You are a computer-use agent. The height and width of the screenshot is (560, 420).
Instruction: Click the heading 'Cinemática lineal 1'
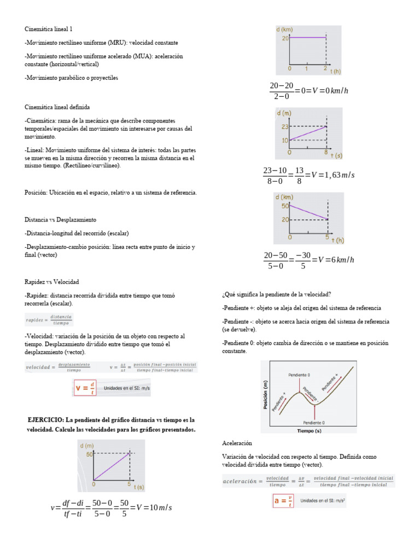pos(49,28)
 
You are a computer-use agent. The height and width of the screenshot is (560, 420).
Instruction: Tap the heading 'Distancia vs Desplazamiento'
pos(60,219)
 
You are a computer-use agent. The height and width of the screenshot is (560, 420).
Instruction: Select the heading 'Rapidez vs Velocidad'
pos(52,282)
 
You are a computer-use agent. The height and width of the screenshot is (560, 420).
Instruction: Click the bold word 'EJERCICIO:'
pos(45,419)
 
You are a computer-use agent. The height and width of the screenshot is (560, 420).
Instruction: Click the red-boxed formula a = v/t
pos(283,500)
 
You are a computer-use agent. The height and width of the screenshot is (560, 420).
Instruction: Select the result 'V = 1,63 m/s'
pos(332,175)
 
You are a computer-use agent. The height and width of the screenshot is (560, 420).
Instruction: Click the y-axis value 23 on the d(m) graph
pos(284,126)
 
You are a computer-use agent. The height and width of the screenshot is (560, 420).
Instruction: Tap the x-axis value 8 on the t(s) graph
pos(325,154)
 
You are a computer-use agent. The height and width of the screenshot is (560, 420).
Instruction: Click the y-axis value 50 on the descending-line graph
pos(284,206)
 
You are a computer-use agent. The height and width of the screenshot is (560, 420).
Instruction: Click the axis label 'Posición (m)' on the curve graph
pos(266,395)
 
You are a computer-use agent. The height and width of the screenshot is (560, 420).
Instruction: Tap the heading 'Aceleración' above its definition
pos(237,442)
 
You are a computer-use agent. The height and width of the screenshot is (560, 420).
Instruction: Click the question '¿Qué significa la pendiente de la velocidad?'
pos(277,294)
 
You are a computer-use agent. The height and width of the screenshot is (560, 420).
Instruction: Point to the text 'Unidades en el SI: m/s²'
pos(323,500)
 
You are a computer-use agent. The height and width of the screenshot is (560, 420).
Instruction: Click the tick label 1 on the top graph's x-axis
pos(307,69)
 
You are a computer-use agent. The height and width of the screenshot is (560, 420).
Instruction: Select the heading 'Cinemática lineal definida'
pos(57,107)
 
